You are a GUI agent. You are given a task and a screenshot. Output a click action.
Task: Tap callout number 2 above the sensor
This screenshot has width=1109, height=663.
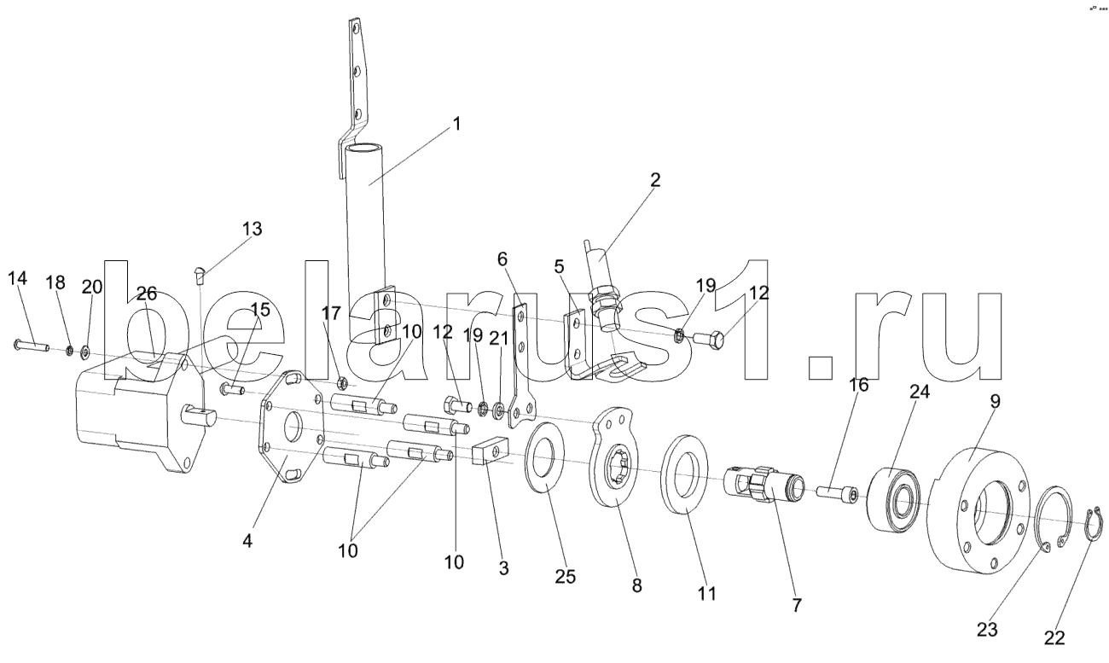(x=654, y=180)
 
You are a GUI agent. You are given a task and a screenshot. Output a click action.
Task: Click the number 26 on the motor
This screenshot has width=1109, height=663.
(x=147, y=294)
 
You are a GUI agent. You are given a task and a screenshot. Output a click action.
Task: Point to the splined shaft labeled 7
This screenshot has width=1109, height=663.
(x=764, y=486)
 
